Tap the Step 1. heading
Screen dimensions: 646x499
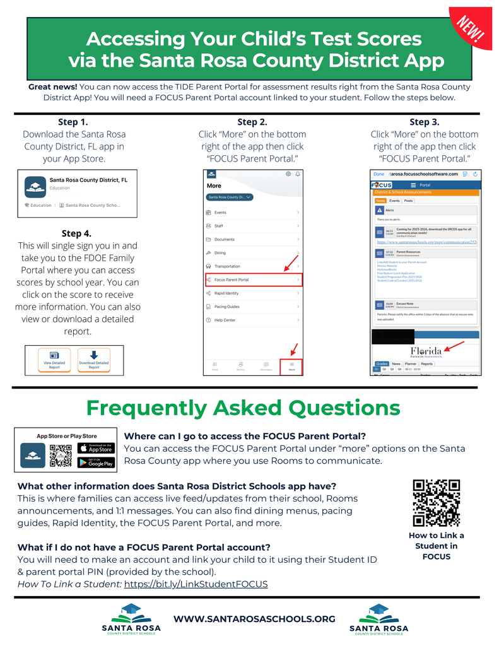coord(73,122)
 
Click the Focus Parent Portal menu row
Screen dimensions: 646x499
coord(253,279)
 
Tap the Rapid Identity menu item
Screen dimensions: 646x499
coord(227,293)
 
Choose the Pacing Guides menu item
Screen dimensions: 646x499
coord(227,307)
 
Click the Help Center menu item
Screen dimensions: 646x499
coord(225,320)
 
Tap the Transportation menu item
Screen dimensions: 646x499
coord(228,266)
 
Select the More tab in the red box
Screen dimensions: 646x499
coord(291,366)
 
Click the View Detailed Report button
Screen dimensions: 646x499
coord(54,360)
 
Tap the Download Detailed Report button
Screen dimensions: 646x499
coord(93,360)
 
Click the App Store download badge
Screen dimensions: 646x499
coord(96,448)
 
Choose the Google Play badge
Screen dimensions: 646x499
coord(96,462)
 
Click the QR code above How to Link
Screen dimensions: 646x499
coord(436,503)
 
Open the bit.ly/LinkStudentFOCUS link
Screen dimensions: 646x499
coord(196,584)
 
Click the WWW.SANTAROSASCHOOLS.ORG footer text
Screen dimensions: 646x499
coord(254,619)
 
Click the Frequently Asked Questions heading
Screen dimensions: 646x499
coord(243,408)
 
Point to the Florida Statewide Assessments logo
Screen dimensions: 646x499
coord(426,352)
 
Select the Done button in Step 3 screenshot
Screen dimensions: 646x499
coord(379,173)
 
